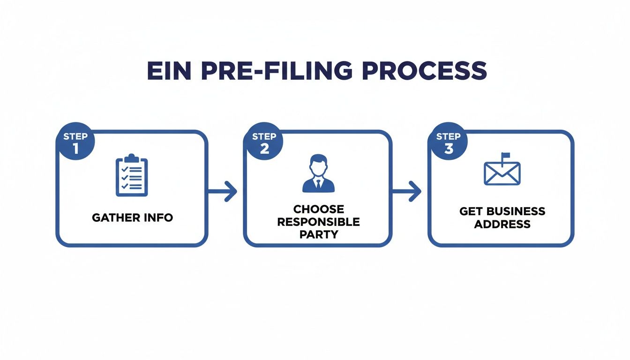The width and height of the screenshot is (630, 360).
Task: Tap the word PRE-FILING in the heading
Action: [272, 70]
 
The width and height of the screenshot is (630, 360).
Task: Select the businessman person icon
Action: [318, 174]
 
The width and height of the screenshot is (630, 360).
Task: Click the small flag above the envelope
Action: [505, 155]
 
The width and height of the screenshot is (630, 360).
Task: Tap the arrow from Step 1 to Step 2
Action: [223, 191]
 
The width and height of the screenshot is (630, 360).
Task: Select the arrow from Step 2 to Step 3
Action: [407, 191]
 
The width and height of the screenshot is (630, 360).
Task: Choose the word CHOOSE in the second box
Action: [318, 209]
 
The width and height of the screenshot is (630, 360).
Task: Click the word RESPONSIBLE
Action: [318, 221]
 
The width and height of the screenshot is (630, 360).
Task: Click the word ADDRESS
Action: [502, 224]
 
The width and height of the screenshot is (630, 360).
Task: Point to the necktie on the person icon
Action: [318, 184]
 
